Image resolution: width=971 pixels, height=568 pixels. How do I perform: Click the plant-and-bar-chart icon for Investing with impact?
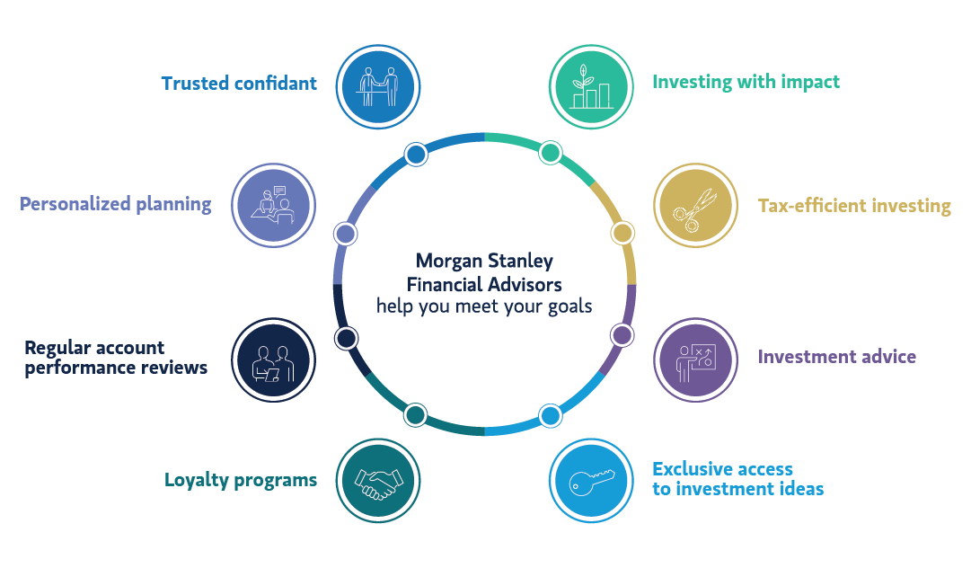pyautogui.click(x=589, y=86)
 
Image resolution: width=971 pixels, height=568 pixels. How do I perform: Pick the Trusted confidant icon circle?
pyautogui.click(x=378, y=86)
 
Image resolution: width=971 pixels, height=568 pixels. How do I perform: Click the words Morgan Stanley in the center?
pyautogui.click(x=484, y=262)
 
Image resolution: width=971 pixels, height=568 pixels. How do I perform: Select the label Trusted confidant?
pyautogui.click(x=239, y=84)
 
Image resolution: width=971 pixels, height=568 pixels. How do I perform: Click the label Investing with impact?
pyautogui.click(x=746, y=82)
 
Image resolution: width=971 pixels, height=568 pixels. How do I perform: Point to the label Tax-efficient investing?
pyautogui.click(x=854, y=206)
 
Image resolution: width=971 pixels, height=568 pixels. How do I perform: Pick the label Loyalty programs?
pyautogui.click(x=241, y=480)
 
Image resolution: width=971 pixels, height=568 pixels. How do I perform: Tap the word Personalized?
pyautogui.click(x=75, y=204)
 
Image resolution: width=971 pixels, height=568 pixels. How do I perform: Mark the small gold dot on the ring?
pyautogui.click(x=622, y=233)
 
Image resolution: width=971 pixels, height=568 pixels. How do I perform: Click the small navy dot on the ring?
pyautogui.click(x=347, y=338)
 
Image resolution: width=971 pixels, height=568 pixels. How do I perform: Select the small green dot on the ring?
pyautogui.click(x=551, y=154)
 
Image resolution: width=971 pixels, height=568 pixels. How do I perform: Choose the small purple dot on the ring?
pyautogui.click(x=622, y=335)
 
